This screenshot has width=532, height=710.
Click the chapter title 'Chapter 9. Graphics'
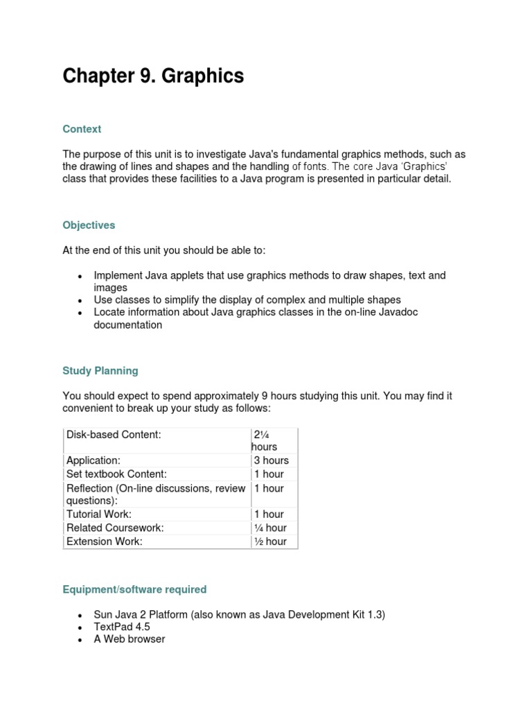coord(153,76)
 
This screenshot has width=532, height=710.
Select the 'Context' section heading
coord(82,129)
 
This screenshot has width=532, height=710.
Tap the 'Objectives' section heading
coord(89,225)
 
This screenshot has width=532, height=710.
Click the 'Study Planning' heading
coord(100,371)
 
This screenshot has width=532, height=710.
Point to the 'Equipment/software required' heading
coord(134,589)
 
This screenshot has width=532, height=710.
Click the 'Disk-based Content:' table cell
coord(114,435)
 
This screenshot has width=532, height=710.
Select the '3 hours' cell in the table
coord(272,460)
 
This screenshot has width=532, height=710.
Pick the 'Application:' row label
coord(94,460)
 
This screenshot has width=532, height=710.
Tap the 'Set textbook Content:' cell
coord(116,474)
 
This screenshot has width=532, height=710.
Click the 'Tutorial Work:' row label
coord(99,514)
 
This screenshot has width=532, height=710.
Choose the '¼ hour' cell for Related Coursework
coord(270,528)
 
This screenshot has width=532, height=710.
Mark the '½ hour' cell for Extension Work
coord(270,542)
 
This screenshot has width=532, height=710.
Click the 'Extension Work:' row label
coord(105,542)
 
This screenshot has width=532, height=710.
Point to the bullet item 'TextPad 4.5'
coord(122,627)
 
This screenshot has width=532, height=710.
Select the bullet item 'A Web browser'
coord(130,639)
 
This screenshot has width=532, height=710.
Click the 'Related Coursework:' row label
coord(115,528)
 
